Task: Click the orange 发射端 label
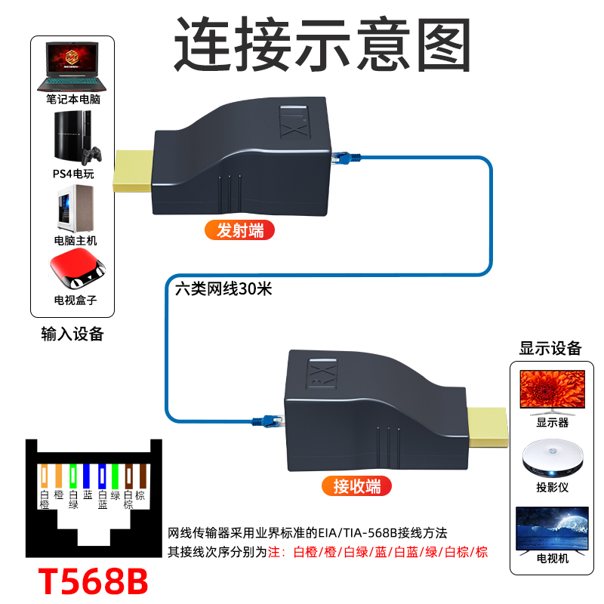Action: pos(240,230)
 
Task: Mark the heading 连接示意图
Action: pos(322,43)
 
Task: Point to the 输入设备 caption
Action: pos(72,334)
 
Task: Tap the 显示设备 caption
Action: pos(550,348)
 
